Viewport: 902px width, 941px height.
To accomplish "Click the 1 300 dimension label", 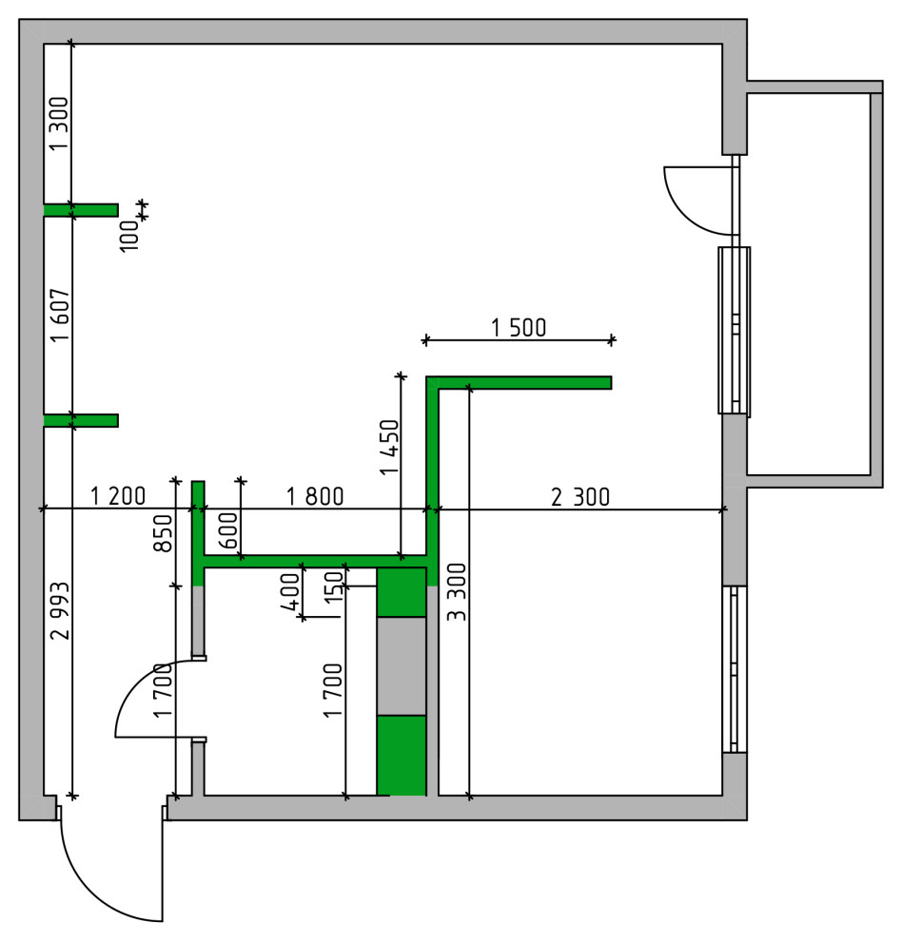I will pos(59,125).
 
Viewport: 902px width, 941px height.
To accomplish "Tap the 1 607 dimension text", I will pos(59,315).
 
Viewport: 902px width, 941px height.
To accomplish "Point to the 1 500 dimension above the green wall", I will pos(519,328).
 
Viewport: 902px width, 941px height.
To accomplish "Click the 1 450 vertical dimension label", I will pos(388,446).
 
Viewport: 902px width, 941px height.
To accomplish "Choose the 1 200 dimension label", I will pos(118,496).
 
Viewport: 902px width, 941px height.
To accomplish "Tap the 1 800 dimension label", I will pos(315,496).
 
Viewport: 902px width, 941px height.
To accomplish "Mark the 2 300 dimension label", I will pos(579,496).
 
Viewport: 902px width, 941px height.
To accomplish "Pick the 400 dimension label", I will pos(289,591).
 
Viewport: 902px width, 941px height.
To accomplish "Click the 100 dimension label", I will pos(129,232).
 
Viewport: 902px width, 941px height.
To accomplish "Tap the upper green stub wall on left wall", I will pos(82,210).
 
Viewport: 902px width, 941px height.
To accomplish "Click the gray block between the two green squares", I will pos(401,665).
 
